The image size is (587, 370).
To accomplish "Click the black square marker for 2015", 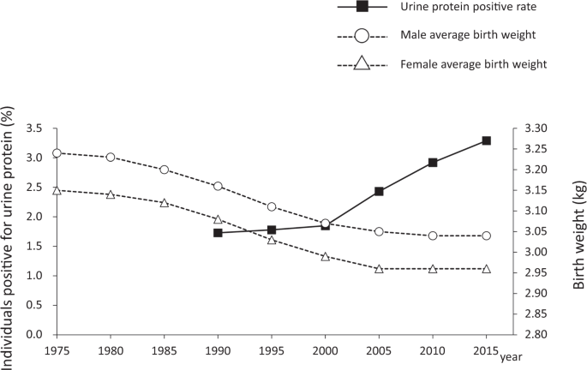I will click(x=486, y=140).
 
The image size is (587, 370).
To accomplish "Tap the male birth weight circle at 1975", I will click(x=57, y=153).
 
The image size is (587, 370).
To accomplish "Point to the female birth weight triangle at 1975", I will click(x=57, y=190).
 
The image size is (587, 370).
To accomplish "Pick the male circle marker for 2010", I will click(x=433, y=236).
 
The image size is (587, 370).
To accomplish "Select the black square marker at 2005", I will click(x=379, y=191).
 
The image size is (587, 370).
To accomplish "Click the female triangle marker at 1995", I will click(x=272, y=239).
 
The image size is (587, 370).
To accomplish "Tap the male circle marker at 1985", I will click(x=165, y=170).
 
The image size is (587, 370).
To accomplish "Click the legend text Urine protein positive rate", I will click(x=461, y=9).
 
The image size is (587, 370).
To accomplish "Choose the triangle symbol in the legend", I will click(x=362, y=63).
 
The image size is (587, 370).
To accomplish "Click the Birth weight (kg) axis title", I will click(x=579, y=231).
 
